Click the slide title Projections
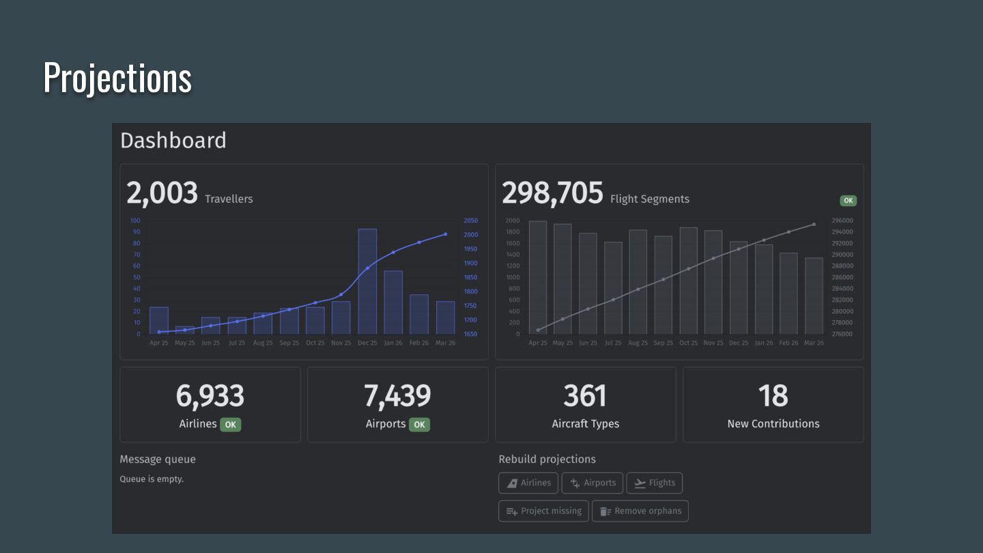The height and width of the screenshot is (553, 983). (x=117, y=77)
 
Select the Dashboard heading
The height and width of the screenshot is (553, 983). (x=173, y=141)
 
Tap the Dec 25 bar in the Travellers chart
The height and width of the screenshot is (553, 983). (x=367, y=281)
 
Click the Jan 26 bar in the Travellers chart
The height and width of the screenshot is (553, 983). (x=393, y=302)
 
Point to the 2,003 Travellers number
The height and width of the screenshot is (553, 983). (x=162, y=194)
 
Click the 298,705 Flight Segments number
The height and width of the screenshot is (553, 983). (x=552, y=194)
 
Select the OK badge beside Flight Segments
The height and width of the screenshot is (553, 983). (x=848, y=201)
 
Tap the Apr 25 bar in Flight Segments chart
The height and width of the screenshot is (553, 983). (x=538, y=277)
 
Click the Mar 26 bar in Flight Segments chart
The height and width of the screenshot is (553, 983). (x=814, y=296)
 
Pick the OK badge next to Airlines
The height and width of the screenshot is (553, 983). (x=231, y=425)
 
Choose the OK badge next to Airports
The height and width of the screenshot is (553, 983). (x=419, y=425)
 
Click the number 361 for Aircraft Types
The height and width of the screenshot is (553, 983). (x=585, y=396)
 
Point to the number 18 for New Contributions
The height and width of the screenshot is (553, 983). (x=773, y=396)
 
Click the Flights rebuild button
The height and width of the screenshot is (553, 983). (x=654, y=483)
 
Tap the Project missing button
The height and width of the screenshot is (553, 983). (x=543, y=511)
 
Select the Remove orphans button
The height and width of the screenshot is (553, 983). (x=640, y=511)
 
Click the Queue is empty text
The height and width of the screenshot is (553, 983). (x=152, y=479)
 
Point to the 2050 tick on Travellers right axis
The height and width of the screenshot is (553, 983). (x=470, y=221)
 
